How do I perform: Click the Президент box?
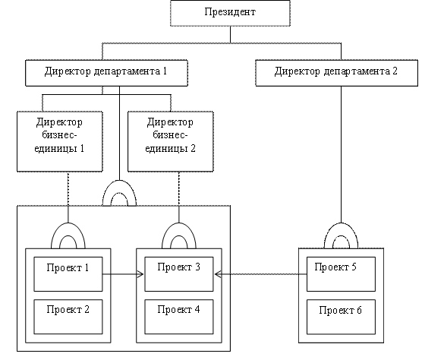[x=230, y=13]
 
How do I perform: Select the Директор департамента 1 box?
[x=106, y=73]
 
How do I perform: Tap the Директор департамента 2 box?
[x=337, y=73]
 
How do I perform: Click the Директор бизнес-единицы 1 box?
[x=60, y=141]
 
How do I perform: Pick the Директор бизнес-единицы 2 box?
[x=171, y=141]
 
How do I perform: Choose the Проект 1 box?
[x=68, y=274]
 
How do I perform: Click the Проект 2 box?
[x=68, y=317]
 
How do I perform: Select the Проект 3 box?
[x=179, y=274]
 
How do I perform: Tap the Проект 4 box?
[x=179, y=317]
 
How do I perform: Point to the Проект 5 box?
[x=341, y=274]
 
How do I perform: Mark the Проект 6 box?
[x=341, y=317]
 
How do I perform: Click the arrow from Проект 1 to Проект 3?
[x=123, y=274]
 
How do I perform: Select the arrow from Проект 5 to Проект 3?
[x=261, y=274]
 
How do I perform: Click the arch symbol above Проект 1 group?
[x=68, y=225]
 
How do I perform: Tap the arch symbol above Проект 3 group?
[x=179, y=225]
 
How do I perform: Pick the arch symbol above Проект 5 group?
[x=341, y=225]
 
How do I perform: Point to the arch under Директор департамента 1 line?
[x=119, y=182]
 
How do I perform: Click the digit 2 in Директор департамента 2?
[x=395, y=71]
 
